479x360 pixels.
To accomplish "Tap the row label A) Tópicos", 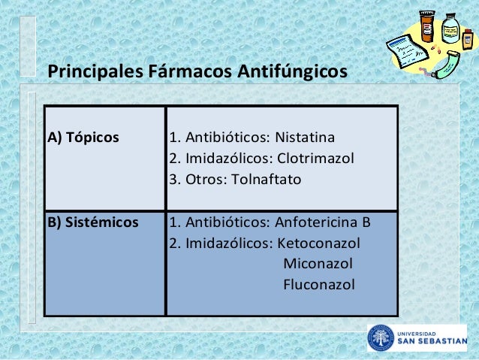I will click(x=83, y=138).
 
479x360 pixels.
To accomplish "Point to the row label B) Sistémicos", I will click(x=93, y=222).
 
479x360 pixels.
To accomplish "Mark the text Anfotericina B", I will click(x=323, y=222).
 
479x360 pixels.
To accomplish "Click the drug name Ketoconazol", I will click(x=318, y=244).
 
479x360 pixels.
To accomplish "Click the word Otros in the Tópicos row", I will click(x=201, y=180).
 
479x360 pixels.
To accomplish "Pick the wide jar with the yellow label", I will click(x=450, y=27).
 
